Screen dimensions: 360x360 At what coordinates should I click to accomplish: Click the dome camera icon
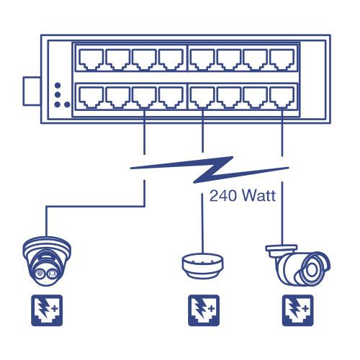[47, 261]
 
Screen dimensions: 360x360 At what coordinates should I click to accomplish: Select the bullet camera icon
[298, 265]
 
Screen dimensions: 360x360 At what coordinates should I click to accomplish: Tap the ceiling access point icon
[202, 266]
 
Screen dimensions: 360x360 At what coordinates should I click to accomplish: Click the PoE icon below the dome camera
[47, 310]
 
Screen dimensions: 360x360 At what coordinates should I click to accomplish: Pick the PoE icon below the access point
[204, 310]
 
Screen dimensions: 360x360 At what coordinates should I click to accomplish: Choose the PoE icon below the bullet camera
[297, 310]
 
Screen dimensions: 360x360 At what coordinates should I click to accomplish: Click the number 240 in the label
[223, 196]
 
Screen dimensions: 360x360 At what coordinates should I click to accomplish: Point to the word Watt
[258, 195]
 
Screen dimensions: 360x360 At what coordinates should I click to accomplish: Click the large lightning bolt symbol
[210, 170]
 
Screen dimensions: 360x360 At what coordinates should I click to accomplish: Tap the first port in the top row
[91, 59]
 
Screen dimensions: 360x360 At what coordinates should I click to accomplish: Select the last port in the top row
[282, 59]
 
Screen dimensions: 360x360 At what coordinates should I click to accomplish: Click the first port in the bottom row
[91, 98]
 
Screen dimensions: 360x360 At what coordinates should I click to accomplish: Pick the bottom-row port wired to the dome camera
[144, 98]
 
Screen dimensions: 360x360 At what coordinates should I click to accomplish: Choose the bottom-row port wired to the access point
[202, 98]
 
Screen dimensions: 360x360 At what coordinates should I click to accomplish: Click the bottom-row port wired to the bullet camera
[282, 98]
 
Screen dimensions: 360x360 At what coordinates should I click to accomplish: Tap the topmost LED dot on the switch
[58, 86]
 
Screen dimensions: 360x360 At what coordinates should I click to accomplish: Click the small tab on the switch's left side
[32, 91]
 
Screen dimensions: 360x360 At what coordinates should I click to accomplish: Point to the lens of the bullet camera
[312, 270]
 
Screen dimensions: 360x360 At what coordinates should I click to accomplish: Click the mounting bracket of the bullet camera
[282, 251]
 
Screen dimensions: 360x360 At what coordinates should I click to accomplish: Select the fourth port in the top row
[171, 59]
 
